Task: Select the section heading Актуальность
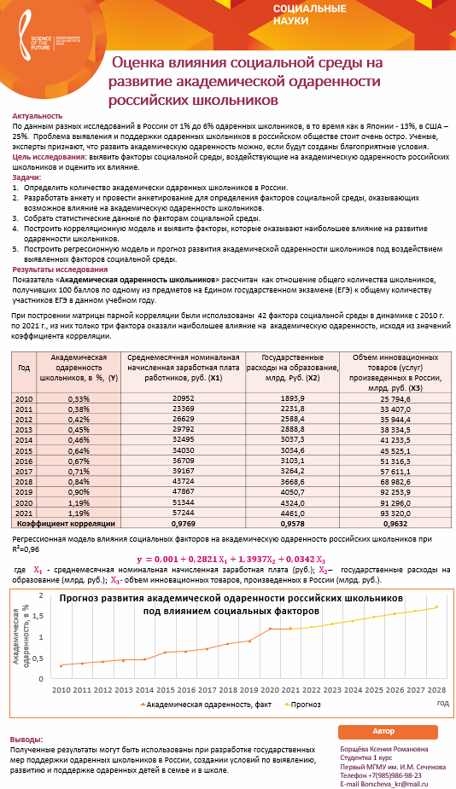(38, 116)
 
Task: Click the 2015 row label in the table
(24, 450)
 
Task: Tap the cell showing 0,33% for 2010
(78, 398)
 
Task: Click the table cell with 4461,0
(291, 513)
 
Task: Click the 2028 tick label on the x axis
(436, 688)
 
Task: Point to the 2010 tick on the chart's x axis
(61, 688)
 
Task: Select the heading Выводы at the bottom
(26, 740)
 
